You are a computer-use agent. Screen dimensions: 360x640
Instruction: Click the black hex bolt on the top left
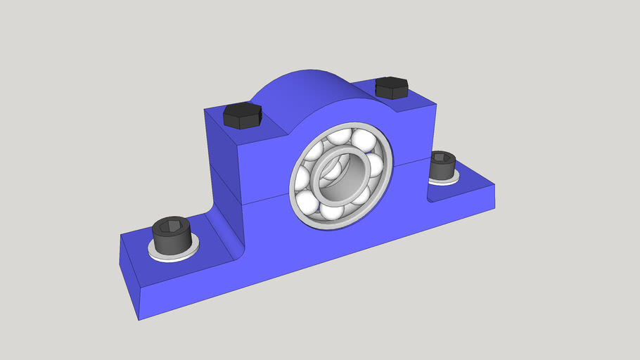242,115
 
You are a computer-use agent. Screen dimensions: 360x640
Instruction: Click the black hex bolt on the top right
391,87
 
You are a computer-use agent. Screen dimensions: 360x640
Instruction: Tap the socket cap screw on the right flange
442,167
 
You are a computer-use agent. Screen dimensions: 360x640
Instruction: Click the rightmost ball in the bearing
375,167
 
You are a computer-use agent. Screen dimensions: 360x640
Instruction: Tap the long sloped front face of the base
316,260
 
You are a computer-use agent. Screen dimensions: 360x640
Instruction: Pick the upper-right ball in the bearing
364,141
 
